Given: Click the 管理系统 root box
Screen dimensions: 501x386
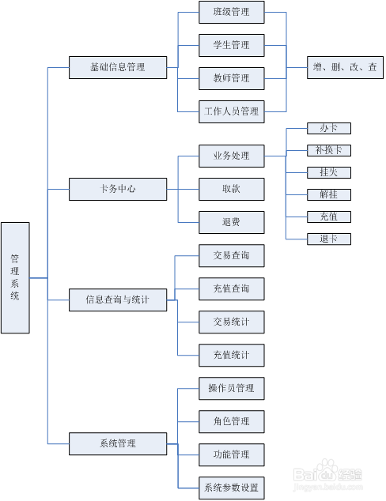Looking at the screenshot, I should point(15,277).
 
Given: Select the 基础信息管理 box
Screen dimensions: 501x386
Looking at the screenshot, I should point(118,67).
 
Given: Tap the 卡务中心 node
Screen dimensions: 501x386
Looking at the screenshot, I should point(118,190).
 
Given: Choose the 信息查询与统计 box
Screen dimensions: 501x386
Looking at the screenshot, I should point(118,300).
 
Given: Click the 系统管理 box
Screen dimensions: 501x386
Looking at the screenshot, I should point(118,443).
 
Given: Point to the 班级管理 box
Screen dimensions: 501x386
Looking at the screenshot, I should point(231,12).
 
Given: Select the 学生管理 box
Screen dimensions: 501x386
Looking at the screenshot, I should point(231,45).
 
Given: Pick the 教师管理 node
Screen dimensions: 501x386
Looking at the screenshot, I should point(231,78).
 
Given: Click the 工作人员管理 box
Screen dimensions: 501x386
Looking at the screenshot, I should point(231,111).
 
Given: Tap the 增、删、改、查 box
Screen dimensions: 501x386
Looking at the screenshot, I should point(345,67).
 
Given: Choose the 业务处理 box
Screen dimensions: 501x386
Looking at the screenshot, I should point(231,156).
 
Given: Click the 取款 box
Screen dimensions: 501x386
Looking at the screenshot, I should point(231,190).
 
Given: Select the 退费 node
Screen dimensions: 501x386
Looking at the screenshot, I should point(231,222).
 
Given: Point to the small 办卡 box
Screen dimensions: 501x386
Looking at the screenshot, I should point(328,128).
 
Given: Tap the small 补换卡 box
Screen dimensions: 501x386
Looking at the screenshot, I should point(328,150).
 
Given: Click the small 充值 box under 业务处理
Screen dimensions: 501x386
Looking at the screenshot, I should point(328,217).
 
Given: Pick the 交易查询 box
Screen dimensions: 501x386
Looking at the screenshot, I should point(231,256).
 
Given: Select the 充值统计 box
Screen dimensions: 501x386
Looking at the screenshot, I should point(231,356).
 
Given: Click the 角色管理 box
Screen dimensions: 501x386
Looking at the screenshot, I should point(231,421).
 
